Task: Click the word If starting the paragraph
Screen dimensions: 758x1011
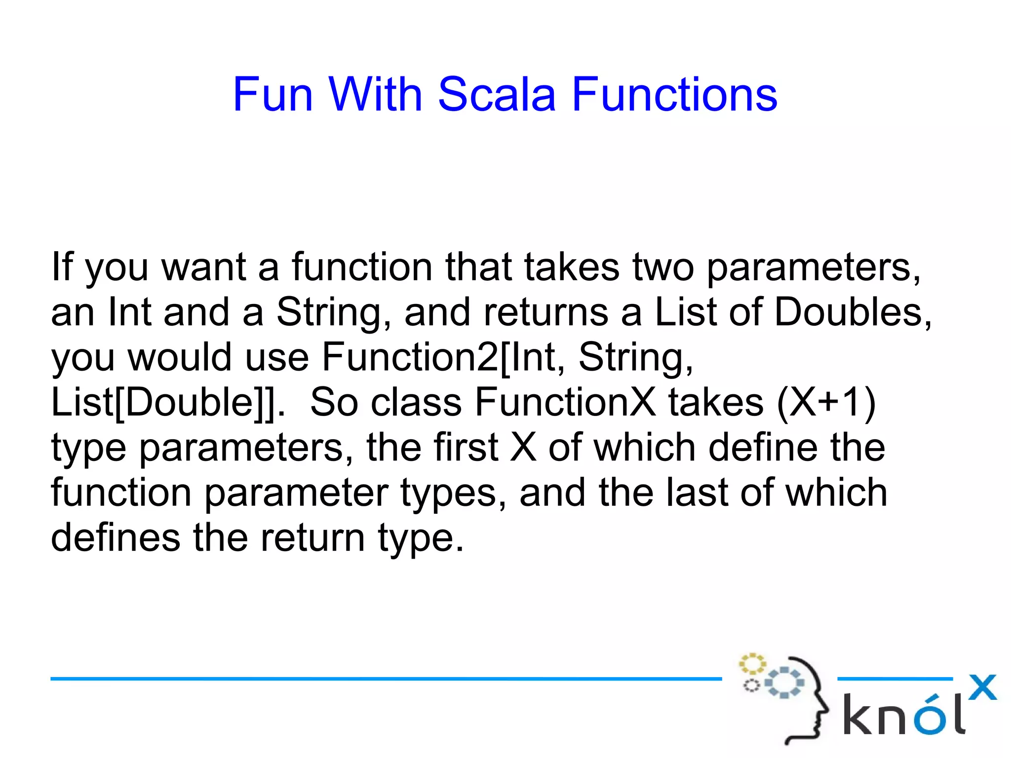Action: [x=62, y=266]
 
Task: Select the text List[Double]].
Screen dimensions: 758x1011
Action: [x=168, y=402]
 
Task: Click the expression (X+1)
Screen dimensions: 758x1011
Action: [x=826, y=402]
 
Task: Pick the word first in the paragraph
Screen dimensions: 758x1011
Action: [x=466, y=447]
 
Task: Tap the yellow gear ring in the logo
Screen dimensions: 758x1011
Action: [x=752, y=664]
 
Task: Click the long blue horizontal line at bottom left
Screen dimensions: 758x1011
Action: [x=385, y=679]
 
